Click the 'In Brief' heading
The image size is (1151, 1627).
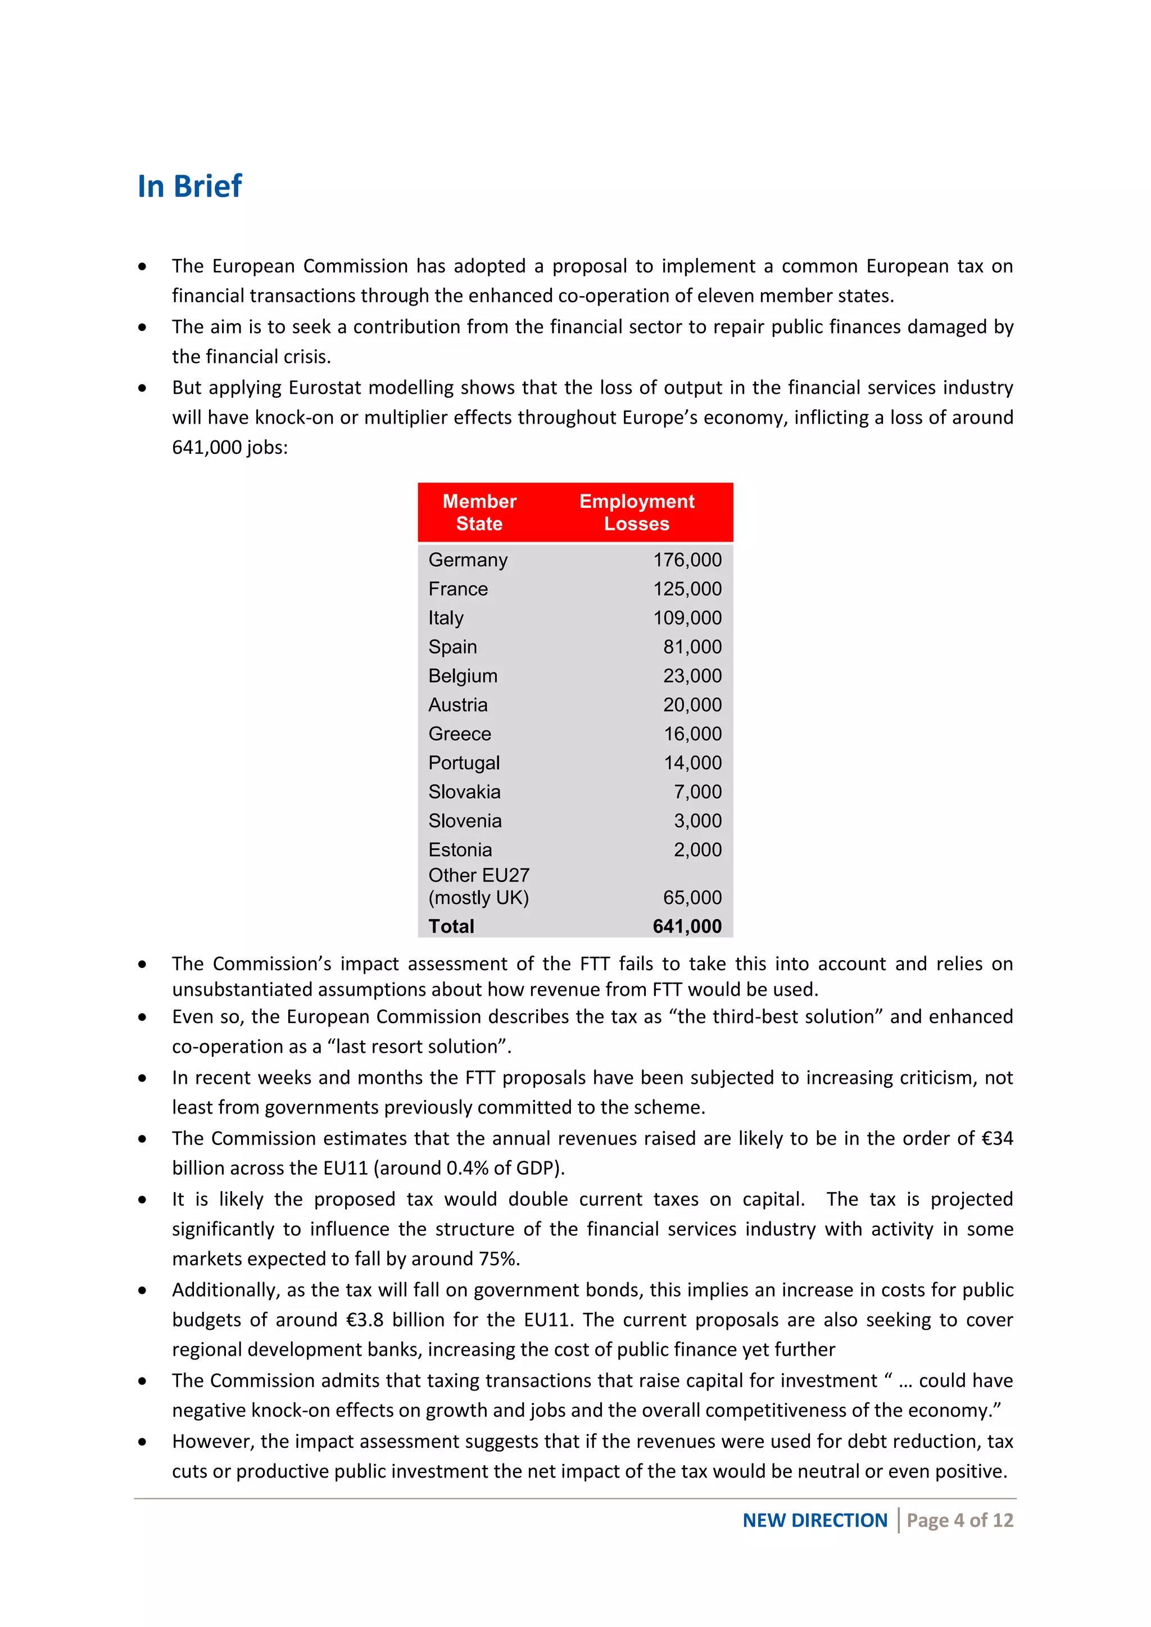click(189, 187)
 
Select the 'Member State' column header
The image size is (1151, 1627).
click(479, 512)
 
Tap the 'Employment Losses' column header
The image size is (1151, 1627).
click(636, 512)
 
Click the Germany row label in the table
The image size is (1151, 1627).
click(468, 560)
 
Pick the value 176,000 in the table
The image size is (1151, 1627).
click(687, 560)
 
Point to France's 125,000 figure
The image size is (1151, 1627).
click(687, 589)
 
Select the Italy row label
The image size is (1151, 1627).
click(446, 618)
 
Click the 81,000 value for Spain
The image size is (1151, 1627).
click(692, 647)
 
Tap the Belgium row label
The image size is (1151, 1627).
click(463, 676)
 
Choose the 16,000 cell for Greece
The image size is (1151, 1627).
click(692, 734)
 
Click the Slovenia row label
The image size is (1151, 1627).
click(465, 821)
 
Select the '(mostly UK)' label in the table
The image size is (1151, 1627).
click(478, 898)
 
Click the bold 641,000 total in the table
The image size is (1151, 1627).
click(687, 926)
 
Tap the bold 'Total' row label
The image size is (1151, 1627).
click(451, 926)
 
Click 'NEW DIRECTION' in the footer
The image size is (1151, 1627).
click(814, 1520)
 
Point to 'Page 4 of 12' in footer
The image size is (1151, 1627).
click(960, 1520)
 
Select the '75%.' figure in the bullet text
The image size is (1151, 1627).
click(499, 1258)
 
